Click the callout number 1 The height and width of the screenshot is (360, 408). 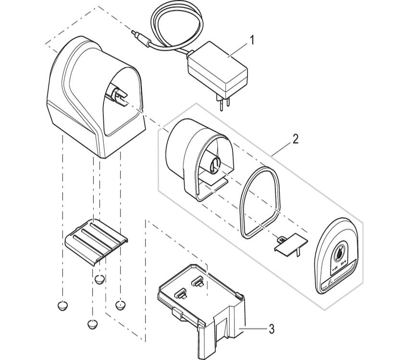[252, 39]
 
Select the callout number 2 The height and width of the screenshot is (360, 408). [295, 139]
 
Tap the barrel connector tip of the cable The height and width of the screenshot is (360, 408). [134, 34]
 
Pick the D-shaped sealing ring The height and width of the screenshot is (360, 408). [260, 202]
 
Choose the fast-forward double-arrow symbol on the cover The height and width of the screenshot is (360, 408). [343, 264]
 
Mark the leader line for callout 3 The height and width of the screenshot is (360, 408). [255, 329]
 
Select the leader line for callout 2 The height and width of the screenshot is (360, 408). [281, 147]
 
